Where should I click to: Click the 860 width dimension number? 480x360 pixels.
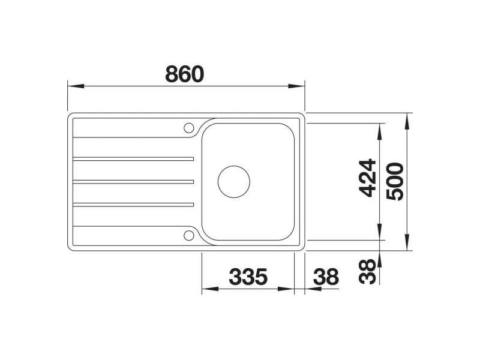184,74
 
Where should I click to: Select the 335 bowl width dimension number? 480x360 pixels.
248,277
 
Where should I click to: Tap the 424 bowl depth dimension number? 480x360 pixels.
367,178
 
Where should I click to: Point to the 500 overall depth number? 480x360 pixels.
395,182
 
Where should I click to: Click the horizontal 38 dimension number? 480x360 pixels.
326,277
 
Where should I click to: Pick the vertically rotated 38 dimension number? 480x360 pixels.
367,272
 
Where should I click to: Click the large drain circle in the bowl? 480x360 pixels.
234,182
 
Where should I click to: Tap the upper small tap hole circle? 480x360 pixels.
188,127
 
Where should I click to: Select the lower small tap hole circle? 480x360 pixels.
188,235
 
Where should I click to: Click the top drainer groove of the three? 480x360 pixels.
133,158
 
